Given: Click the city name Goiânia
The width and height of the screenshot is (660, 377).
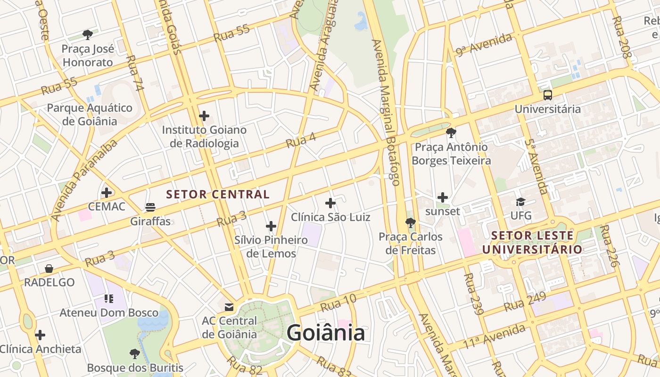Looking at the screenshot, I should pyautogui.click(x=325, y=333).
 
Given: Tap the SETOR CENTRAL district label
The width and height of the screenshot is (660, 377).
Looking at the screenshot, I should pyautogui.click(x=218, y=194).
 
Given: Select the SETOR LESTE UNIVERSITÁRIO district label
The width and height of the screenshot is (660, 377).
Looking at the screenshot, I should pyautogui.click(x=532, y=242).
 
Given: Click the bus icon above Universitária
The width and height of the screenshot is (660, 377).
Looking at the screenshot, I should pyautogui.click(x=547, y=95).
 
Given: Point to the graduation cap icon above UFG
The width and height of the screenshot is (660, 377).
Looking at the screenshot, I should pyautogui.click(x=520, y=202).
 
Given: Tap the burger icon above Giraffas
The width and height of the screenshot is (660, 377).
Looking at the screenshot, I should pyautogui.click(x=150, y=207).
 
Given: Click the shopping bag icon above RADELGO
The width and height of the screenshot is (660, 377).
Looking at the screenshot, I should pyautogui.click(x=49, y=269).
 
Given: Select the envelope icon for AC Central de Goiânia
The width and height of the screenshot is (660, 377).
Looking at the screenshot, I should pyautogui.click(x=229, y=307).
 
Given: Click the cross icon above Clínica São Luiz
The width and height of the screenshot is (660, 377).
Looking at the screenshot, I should pyautogui.click(x=330, y=203).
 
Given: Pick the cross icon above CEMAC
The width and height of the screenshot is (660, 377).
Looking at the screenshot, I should pyautogui.click(x=107, y=192).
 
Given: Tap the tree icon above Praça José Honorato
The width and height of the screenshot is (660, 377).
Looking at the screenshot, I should pyautogui.click(x=88, y=34).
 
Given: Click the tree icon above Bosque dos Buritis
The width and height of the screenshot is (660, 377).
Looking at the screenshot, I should pyautogui.click(x=135, y=353).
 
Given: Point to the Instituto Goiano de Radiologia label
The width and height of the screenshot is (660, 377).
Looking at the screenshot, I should pyautogui.click(x=204, y=136).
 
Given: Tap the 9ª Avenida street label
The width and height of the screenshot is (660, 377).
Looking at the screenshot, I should pyautogui.click(x=484, y=44).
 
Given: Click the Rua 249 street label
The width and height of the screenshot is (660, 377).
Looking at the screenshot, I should pyautogui.click(x=525, y=302).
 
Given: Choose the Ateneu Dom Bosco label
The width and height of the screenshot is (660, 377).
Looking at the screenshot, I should pyautogui.click(x=109, y=312).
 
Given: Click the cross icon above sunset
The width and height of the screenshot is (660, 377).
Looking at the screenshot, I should pyautogui.click(x=442, y=197).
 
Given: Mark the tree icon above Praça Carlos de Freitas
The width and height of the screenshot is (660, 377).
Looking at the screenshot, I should pyautogui.click(x=410, y=222).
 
